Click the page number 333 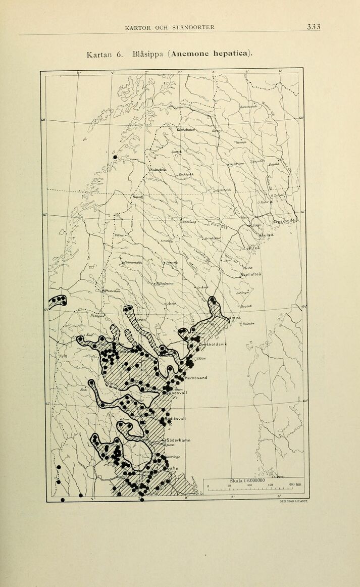tap(316, 27)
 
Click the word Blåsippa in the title tap(146, 54)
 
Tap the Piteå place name tap(255, 248)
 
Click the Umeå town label tap(235, 318)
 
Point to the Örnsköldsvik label tap(214, 345)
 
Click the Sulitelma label tap(158, 170)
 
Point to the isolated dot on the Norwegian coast tap(116, 157)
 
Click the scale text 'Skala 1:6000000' tap(247, 480)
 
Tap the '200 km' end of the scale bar tap(296, 485)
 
